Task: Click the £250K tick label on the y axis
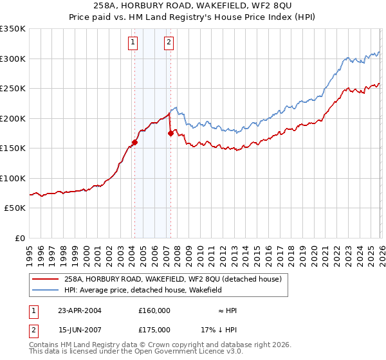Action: (x=13, y=89)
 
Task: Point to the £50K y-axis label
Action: (x=15, y=208)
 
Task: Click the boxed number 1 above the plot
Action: (x=133, y=43)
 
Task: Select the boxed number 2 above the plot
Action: (x=169, y=43)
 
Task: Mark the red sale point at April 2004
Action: (x=135, y=143)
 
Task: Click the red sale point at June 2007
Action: (x=170, y=134)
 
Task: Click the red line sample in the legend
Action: (x=46, y=279)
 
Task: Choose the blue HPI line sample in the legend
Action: (x=46, y=291)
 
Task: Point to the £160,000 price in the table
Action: (x=154, y=310)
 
